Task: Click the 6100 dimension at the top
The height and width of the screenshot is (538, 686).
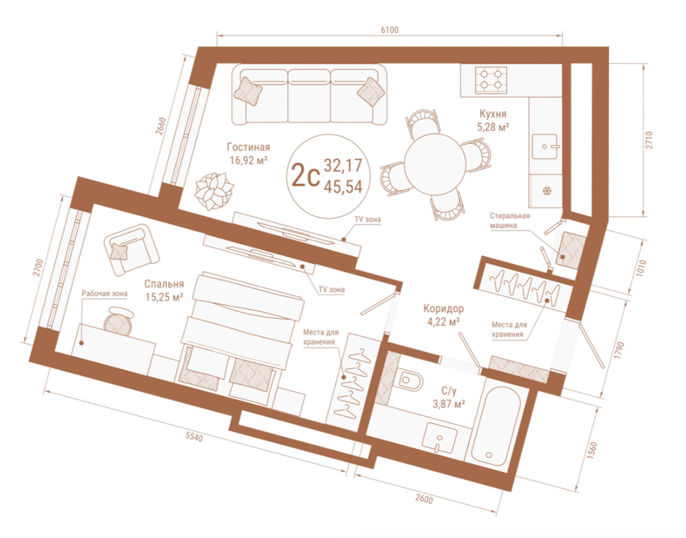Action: point(390,30)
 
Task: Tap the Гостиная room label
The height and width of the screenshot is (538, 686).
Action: point(248,147)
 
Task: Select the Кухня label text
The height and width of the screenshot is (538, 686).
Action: point(493,115)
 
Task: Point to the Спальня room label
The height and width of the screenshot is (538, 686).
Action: point(164,284)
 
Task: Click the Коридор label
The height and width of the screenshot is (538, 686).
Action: point(443,309)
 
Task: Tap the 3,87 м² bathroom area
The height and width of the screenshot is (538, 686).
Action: point(448,404)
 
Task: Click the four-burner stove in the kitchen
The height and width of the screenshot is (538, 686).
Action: point(491,80)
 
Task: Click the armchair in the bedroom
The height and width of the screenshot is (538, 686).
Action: point(132,250)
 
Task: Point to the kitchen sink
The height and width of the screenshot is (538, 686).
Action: point(544,147)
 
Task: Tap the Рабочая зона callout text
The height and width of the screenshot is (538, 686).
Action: point(105,294)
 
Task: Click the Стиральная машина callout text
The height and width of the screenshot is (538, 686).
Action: point(510,221)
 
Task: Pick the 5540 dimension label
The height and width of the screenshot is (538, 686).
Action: point(194,436)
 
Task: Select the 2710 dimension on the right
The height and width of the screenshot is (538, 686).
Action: point(649,140)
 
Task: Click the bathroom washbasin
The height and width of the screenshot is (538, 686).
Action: point(440,437)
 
